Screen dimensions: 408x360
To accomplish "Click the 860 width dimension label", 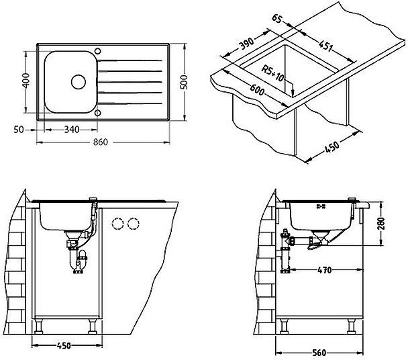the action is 101,142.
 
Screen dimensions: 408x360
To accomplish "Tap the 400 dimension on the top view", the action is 27,81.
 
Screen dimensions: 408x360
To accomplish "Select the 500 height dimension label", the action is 184,82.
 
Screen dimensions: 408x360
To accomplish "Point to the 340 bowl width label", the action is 72,129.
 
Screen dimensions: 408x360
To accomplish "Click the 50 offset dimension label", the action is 19,130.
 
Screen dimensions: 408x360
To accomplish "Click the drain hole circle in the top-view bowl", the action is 79,82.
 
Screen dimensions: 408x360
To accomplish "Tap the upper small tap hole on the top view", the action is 98,51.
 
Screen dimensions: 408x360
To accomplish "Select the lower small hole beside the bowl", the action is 97,113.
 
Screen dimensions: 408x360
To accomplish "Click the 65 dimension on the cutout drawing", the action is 277,18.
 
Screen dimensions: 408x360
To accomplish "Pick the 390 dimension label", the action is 246,44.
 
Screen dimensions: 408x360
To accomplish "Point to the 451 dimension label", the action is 325,46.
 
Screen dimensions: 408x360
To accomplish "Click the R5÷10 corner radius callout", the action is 272,73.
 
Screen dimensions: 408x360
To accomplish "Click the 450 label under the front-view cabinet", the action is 64,346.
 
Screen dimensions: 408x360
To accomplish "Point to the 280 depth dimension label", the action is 381,223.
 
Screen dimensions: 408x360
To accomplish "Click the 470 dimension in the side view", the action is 325,270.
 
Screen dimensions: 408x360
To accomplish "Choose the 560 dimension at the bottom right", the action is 319,353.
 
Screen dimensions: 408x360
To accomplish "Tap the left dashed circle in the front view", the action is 117,224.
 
